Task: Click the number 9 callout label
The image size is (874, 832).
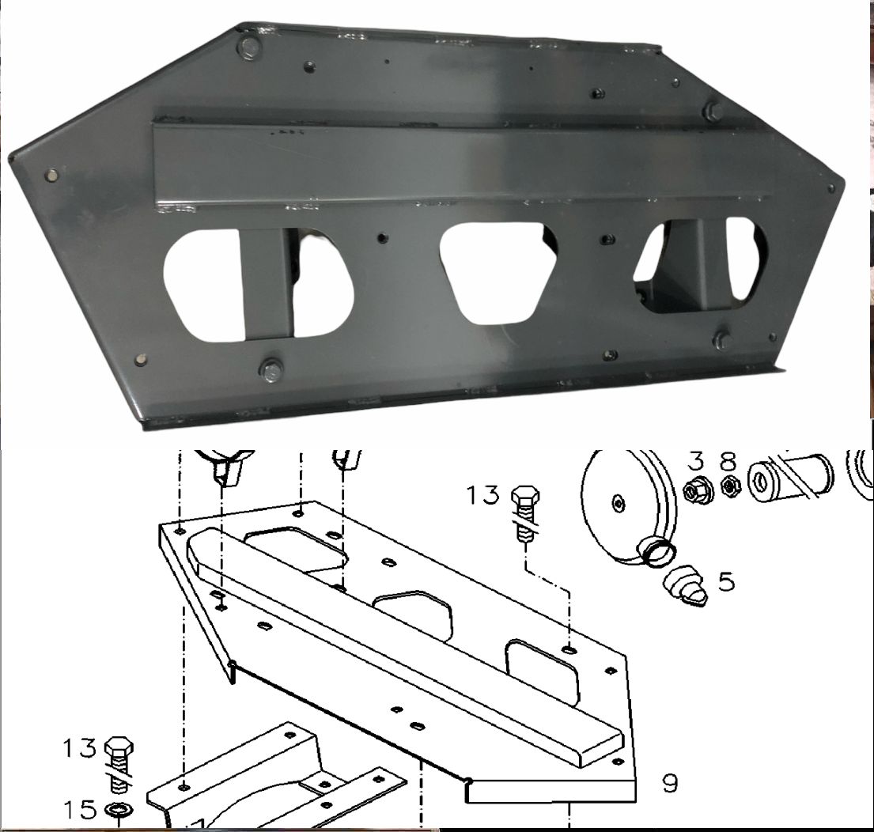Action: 670,783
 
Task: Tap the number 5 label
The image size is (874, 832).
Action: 726,581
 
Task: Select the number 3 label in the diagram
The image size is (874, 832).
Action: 695,461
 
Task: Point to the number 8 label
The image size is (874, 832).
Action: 728,461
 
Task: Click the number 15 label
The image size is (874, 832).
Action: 80,810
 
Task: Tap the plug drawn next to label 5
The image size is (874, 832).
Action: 686,586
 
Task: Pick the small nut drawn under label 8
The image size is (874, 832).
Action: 729,488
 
